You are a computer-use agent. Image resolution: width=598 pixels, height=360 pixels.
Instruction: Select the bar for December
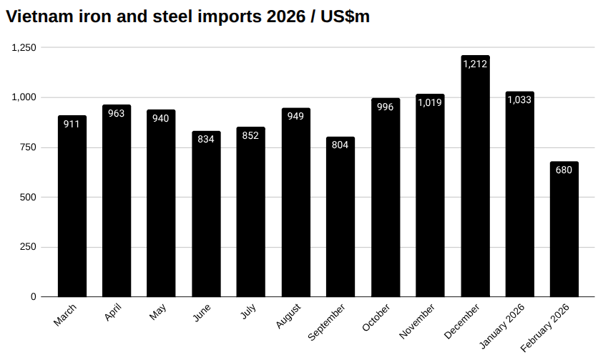point(475,179)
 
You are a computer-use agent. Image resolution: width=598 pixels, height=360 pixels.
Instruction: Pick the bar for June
point(206,215)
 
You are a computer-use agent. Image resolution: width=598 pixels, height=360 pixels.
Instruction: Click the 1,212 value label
point(475,64)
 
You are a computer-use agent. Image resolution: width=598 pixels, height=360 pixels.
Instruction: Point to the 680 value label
point(564,170)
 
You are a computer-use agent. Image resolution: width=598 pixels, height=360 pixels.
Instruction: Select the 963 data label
point(117,114)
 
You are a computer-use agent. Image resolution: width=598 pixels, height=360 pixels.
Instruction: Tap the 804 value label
point(340,145)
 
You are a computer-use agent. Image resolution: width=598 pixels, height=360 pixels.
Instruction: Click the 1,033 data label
point(519,100)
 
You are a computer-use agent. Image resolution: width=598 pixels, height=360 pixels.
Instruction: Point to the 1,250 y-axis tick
point(24,47)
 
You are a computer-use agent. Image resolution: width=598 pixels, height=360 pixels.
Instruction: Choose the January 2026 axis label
point(504,326)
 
